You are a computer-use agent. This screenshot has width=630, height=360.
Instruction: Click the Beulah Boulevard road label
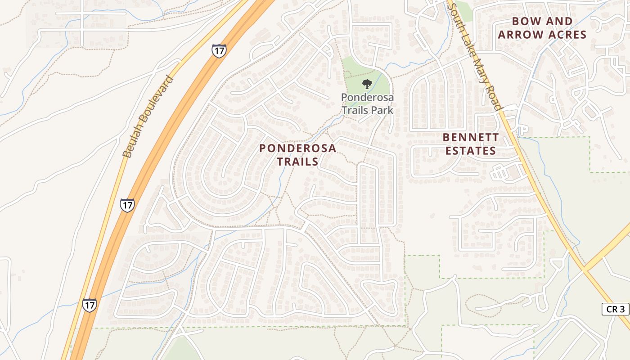coord(148,117)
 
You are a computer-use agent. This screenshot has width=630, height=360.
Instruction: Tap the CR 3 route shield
coord(615,309)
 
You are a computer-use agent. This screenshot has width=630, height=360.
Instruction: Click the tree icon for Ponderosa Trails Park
coord(367,84)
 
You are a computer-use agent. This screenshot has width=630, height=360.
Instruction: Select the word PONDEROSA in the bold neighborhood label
coord(297,148)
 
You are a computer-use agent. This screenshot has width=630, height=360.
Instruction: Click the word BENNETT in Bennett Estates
coord(471,137)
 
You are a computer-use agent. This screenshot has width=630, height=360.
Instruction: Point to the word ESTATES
coord(471,151)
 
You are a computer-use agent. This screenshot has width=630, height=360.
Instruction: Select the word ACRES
coord(568,35)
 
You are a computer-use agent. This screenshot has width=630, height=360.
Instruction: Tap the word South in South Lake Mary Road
coord(457,15)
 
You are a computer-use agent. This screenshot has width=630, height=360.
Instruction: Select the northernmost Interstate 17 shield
coord(219,50)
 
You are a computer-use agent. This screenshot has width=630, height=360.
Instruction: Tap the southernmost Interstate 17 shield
coord(89,305)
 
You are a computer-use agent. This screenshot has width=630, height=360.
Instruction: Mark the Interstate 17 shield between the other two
coord(127,205)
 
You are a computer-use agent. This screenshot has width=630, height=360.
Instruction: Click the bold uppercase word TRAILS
coord(297,161)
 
